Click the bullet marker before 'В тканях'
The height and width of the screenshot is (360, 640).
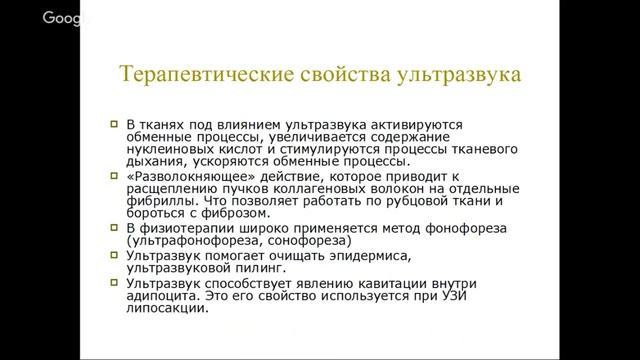click(114, 123)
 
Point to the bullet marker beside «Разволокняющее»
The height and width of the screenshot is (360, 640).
click(114, 175)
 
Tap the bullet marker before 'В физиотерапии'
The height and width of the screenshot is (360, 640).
click(114, 227)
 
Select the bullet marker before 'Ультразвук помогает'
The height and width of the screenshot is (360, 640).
click(114, 255)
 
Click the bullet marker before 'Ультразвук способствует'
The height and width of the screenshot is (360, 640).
click(114, 282)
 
